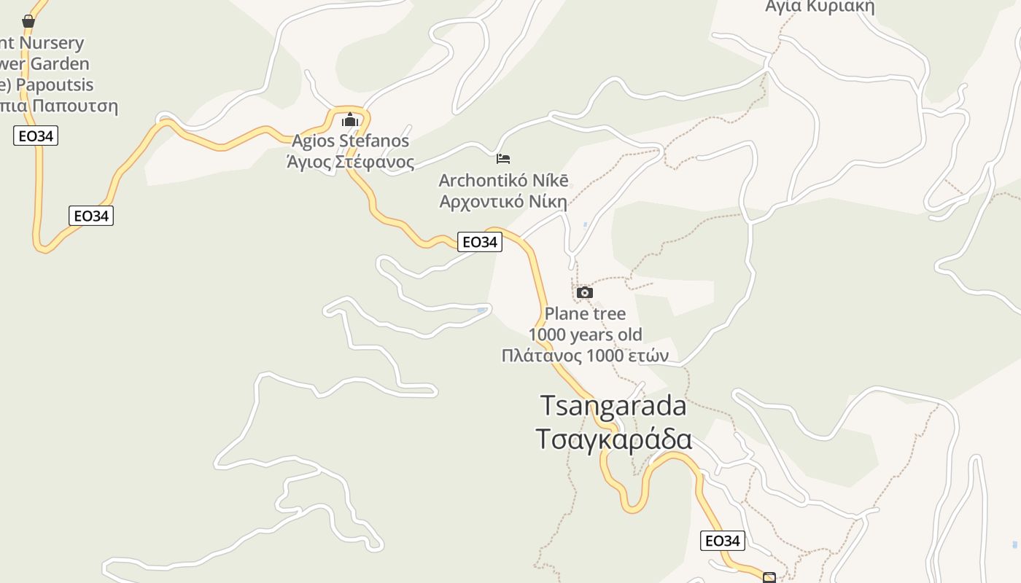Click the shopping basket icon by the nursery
pos(28,21)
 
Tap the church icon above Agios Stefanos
pos(350,120)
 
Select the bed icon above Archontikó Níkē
pos(503,158)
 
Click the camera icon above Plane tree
pos(584,293)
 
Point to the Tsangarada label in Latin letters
pos(613,406)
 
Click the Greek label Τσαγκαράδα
pos(613,439)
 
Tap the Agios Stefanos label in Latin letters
pos(350,140)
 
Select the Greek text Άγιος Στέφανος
pos(350,161)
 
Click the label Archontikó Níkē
pos(503,180)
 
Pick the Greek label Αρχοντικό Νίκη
pos(503,200)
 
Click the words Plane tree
pos(585,314)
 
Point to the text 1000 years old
pos(585,334)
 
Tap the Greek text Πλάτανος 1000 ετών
pos(585,356)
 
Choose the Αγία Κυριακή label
pos(819,7)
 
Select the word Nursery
pos(52,43)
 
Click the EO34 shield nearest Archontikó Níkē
pos(480,242)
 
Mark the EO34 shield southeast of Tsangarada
pos(723,541)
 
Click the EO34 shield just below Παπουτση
pos(35,136)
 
